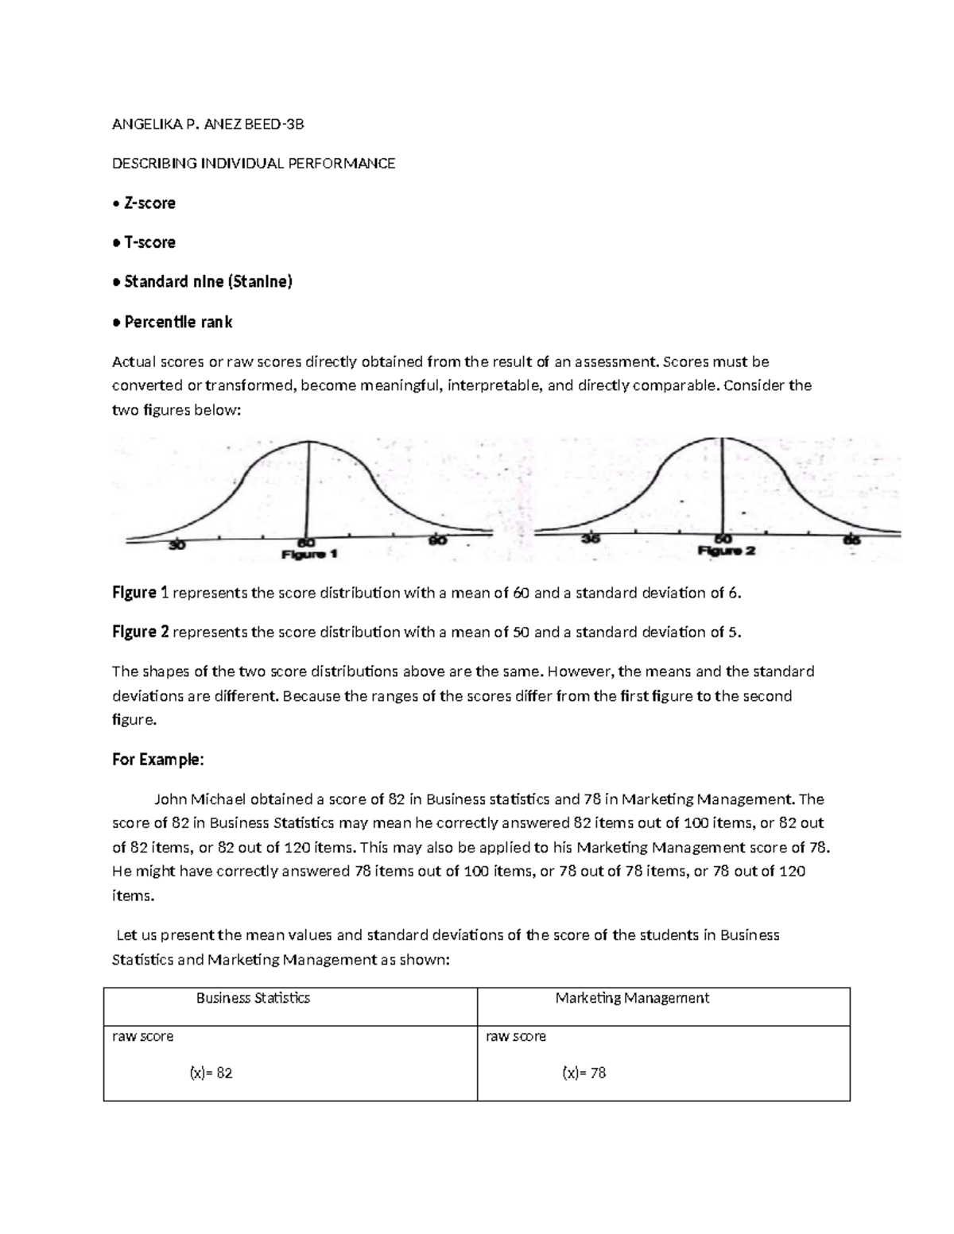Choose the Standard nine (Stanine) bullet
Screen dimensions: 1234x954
(x=207, y=281)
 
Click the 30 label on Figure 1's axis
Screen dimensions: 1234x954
(x=176, y=545)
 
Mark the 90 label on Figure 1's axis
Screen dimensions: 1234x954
(x=439, y=540)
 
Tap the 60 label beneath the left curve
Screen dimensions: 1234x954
(x=306, y=541)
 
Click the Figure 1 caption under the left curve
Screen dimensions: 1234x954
(x=310, y=555)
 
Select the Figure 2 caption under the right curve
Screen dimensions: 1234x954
(x=727, y=551)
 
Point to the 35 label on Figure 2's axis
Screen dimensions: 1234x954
(x=589, y=539)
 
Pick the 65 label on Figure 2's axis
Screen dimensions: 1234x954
(x=852, y=540)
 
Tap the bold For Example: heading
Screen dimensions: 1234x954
(x=158, y=760)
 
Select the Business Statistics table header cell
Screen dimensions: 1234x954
(x=253, y=998)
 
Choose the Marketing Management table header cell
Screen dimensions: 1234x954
(x=632, y=998)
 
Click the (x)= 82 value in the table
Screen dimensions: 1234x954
(x=211, y=1073)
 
